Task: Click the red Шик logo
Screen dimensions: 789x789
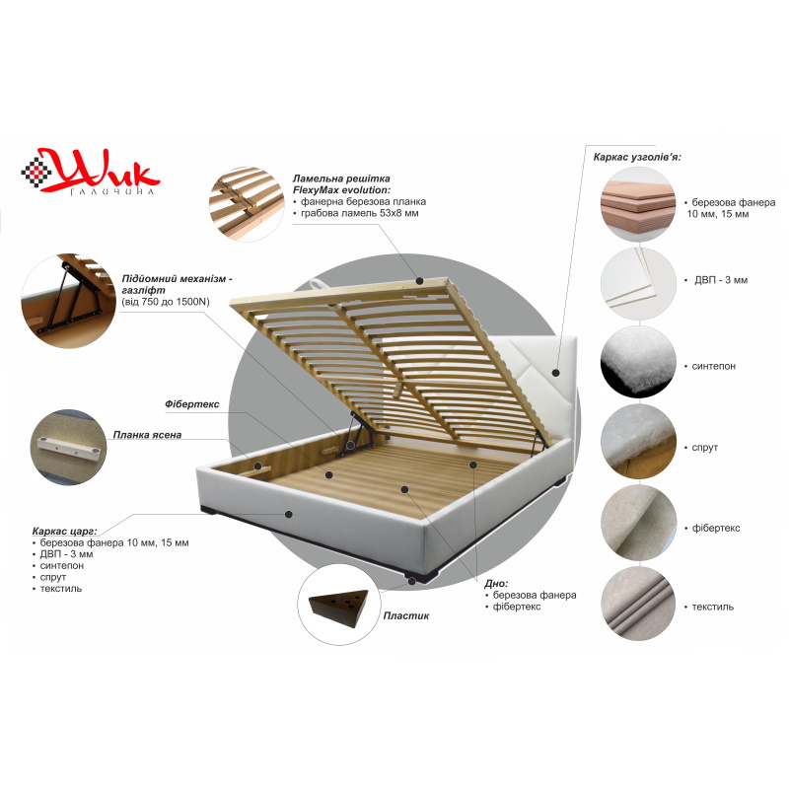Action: click(91, 171)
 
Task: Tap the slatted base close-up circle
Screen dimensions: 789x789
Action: click(247, 204)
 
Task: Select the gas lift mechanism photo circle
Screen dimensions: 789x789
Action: click(69, 301)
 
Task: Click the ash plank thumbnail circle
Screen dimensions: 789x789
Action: click(68, 448)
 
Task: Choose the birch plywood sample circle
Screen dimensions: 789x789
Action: click(638, 204)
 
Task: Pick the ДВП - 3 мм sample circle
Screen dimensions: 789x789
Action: click(638, 283)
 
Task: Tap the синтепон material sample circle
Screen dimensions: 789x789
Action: click(638, 362)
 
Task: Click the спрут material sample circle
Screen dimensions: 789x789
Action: click(638, 441)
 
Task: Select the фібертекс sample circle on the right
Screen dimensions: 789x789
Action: click(638, 523)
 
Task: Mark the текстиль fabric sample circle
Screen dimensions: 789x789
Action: click(638, 603)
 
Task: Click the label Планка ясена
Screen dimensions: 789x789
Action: click(147, 435)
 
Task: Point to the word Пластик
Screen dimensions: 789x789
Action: click(406, 615)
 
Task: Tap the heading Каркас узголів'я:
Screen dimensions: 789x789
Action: click(637, 157)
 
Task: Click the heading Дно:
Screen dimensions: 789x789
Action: click(496, 584)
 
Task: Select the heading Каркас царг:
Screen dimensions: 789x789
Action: click(64, 532)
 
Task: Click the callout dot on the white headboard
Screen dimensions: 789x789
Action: click(555, 373)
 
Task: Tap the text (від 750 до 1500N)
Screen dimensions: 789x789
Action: click(166, 302)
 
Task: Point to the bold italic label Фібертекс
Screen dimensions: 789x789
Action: click(191, 404)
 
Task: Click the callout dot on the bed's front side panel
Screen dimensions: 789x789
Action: click(288, 514)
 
